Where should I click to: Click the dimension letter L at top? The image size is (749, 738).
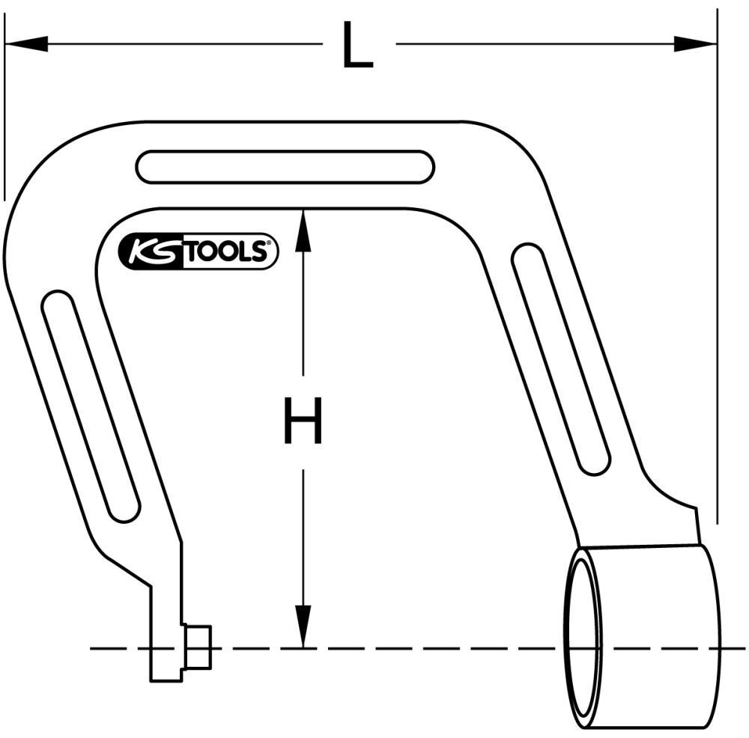click(x=357, y=46)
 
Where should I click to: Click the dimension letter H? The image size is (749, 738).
click(x=303, y=421)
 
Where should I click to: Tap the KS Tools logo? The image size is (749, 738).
click(x=198, y=251)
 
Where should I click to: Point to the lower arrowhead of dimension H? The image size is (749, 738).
click(x=303, y=625)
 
